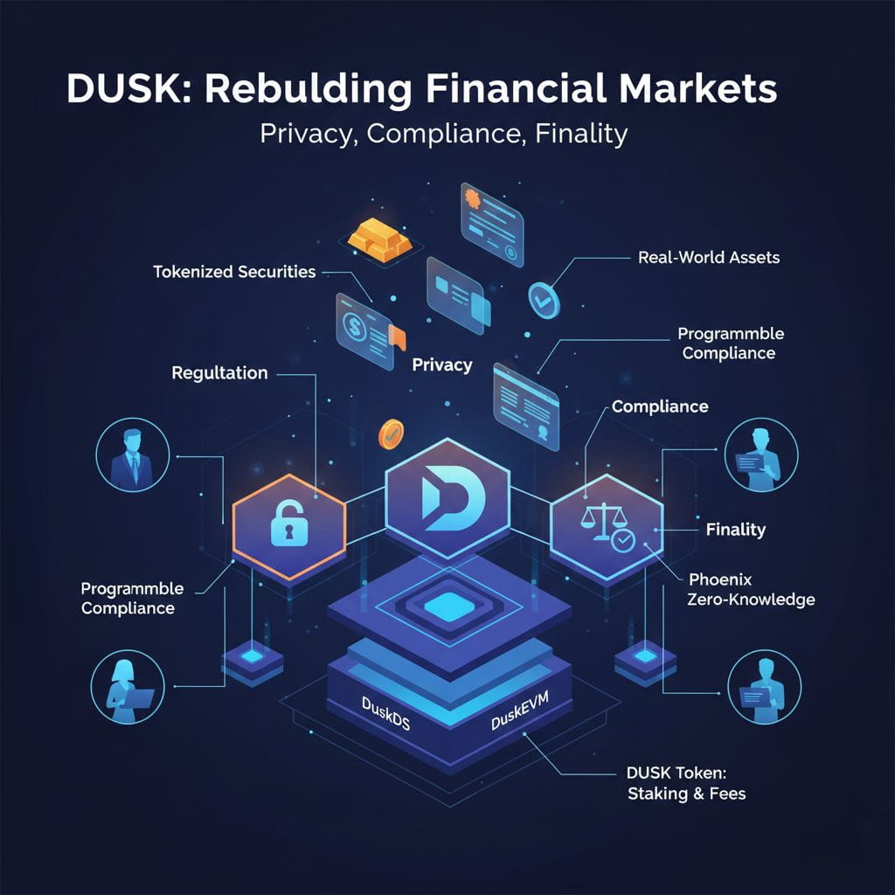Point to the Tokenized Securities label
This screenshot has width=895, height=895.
(x=234, y=272)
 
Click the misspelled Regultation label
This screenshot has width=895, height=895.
(x=219, y=373)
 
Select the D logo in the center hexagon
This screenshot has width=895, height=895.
(x=447, y=496)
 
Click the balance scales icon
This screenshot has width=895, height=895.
(x=600, y=521)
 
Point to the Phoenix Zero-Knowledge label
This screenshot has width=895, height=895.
(x=752, y=590)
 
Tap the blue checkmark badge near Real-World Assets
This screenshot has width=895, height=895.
(x=542, y=299)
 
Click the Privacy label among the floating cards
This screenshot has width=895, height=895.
(x=441, y=365)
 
